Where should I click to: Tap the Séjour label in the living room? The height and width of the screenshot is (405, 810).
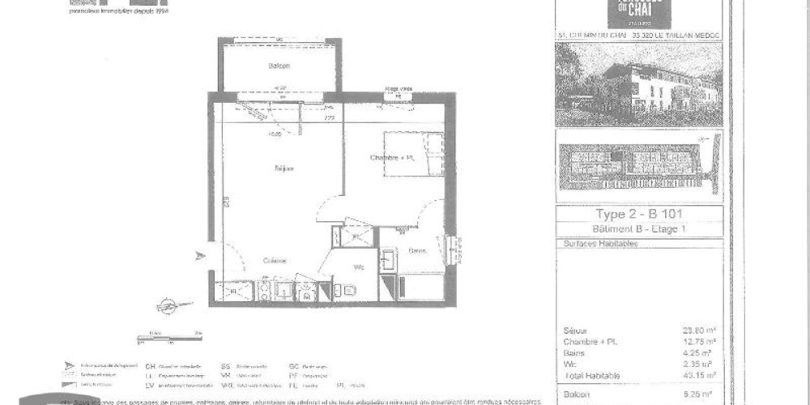click(283, 168)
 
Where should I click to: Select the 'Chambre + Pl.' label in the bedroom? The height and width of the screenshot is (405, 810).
click(392, 157)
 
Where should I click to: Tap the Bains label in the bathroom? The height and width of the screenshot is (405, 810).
click(417, 250)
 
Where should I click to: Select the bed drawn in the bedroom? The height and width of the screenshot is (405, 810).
click(413, 154)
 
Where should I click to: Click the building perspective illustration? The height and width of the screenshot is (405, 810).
click(638, 85)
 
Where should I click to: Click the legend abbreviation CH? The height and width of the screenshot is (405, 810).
click(150, 367)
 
